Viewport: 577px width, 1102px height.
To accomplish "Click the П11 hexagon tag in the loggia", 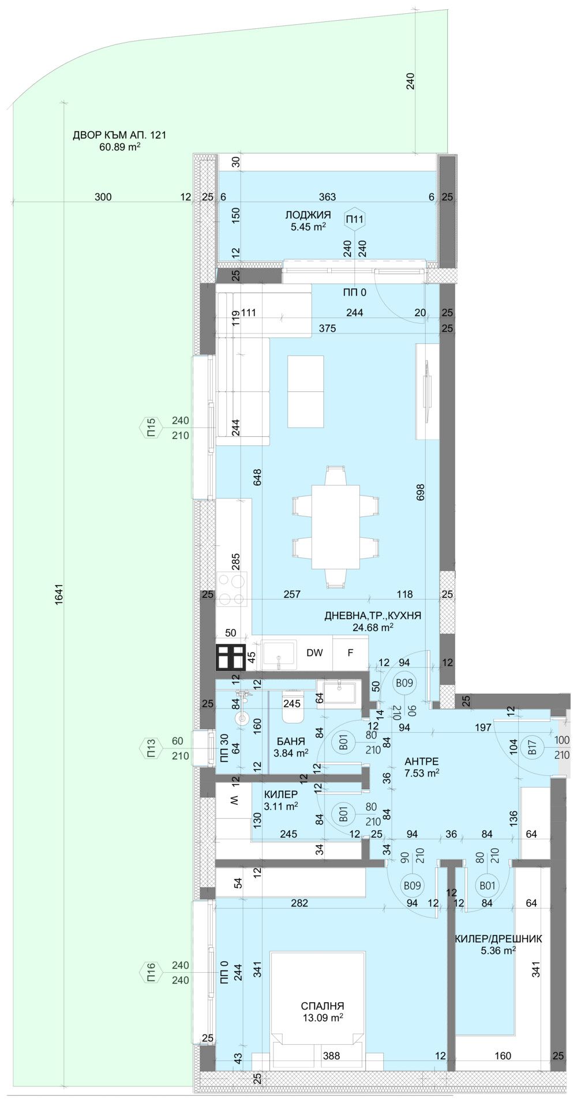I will pos(354,219).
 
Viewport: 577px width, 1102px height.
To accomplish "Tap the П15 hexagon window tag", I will pos(151,428).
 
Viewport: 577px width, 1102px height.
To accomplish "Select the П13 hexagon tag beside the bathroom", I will pos(151,748).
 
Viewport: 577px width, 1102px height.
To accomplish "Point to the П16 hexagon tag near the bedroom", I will pos(151,973).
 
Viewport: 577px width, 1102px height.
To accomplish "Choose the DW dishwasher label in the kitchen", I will pos(314,653).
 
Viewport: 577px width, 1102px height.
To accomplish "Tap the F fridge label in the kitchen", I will pos(350,653).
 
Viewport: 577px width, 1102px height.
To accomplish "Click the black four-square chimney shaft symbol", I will pos(231,657).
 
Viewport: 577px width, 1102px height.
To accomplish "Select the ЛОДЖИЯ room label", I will pos(308,215).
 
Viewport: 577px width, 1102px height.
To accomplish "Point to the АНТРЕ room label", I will pos(421,762).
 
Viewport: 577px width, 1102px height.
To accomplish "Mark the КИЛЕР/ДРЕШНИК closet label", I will pos(498,939).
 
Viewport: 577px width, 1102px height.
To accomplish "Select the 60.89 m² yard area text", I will pos(120,147).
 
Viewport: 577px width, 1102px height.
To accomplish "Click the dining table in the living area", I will pos(335,527).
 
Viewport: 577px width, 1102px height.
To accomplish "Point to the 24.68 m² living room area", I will pos(373,627).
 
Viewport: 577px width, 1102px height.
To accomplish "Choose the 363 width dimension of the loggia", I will pos(327,197).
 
